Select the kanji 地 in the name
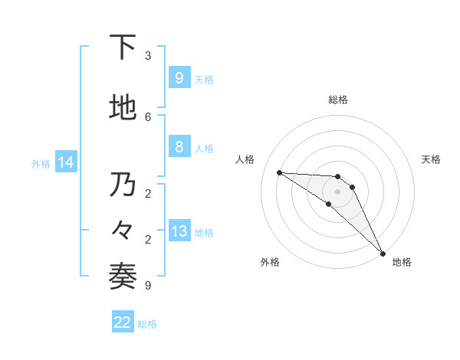[123, 108]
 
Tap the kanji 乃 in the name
[123, 185]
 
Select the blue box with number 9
[179, 78]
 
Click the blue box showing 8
[179, 147]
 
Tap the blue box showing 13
[179, 231]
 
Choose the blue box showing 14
[65, 162]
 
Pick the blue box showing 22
[123, 322]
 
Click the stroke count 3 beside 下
[148, 55]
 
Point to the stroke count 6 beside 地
[148, 116]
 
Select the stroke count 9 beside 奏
[148, 286]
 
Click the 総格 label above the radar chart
[338, 100]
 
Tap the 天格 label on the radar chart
[431, 159]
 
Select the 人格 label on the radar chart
[245, 159]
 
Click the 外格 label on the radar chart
[270, 262]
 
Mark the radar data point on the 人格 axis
[279, 172]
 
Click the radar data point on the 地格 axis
[383, 253]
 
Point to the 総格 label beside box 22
[147, 324]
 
